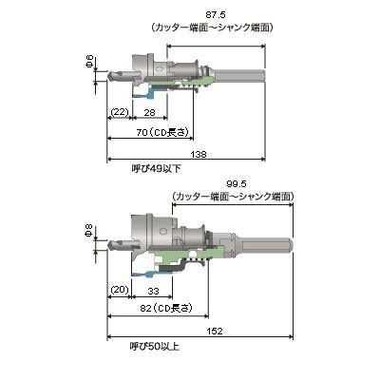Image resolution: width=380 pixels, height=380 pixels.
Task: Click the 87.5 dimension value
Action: click(215, 15)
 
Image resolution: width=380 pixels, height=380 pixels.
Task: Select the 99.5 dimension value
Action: click(237, 184)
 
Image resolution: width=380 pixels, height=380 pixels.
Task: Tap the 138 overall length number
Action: click(199, 154)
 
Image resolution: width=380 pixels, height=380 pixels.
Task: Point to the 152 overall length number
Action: click(215, 332)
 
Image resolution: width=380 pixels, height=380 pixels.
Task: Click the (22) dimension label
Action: click(120, 112)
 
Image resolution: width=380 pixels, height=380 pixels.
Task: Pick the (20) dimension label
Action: click(120, 290)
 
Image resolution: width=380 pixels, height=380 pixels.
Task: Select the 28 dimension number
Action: click(149, 112)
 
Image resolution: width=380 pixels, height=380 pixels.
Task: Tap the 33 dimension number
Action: click(153, 291)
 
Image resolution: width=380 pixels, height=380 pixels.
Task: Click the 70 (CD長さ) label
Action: click(162, 133)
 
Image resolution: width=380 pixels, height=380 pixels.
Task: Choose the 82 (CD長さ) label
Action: click(166, 308)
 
